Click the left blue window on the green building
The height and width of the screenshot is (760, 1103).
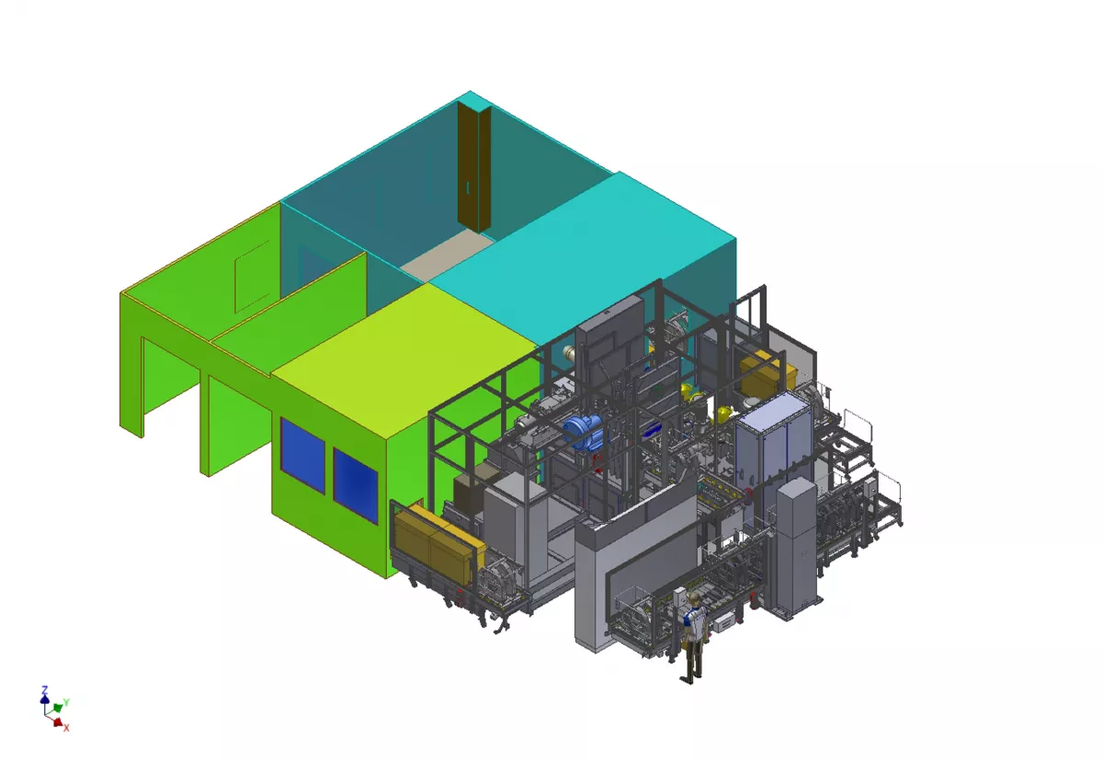tap(302, 455)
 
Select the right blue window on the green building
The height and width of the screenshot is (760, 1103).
tap(356, 485)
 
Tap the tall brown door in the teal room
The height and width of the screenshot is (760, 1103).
tap(473, 167)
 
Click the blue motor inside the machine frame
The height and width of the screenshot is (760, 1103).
tap(584, 432)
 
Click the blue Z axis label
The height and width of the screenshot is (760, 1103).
tap(44, 690)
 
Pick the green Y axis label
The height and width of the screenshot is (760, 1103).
tap(66, 702)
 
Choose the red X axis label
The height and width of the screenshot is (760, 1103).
tap(66, 728)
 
